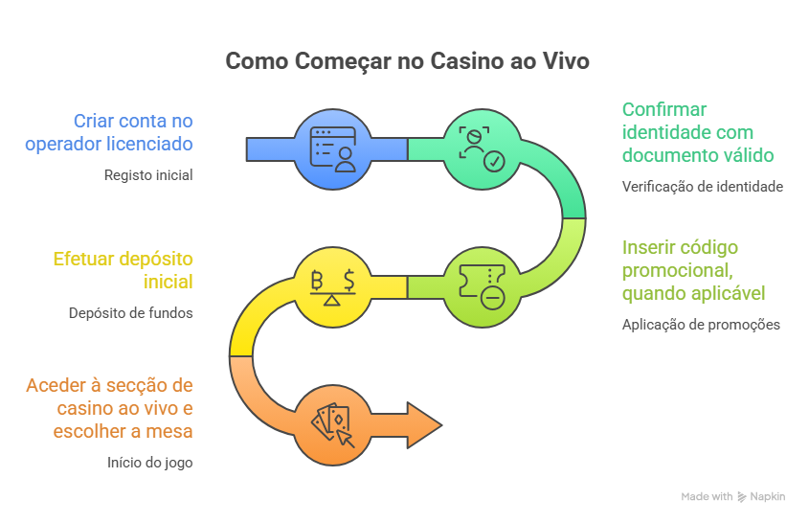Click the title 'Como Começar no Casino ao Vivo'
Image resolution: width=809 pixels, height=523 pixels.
(x=407, y=61)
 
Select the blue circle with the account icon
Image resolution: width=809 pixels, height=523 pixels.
(x=331, y=148)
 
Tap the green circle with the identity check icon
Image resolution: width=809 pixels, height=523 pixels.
(x=482, y=148)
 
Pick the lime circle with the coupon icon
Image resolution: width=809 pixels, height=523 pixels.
(x=482, y=286)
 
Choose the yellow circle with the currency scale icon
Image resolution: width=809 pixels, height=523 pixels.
(x=331, y=286)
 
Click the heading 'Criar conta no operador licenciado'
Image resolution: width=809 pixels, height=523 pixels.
(x=133, y=132)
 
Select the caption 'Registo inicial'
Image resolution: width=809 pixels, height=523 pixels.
(x=148, y=175)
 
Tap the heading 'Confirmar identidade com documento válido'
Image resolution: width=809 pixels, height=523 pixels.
(x=698, y=132)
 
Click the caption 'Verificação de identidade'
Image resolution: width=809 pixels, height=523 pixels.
(x=702, y=187)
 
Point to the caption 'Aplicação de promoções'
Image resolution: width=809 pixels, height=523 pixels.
(x=701, y=325)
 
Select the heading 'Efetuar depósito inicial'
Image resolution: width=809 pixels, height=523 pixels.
(x=124, y=270)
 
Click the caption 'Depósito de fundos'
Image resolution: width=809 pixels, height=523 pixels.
(x=131, y=313)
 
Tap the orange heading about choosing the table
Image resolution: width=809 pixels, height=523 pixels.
(x=110, y=408)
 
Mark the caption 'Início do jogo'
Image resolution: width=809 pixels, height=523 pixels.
(x=150, y=463)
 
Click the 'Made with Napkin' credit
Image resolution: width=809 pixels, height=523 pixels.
(x=732, y=497)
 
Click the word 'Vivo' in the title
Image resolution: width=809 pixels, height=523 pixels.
(x=565, y=61)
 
